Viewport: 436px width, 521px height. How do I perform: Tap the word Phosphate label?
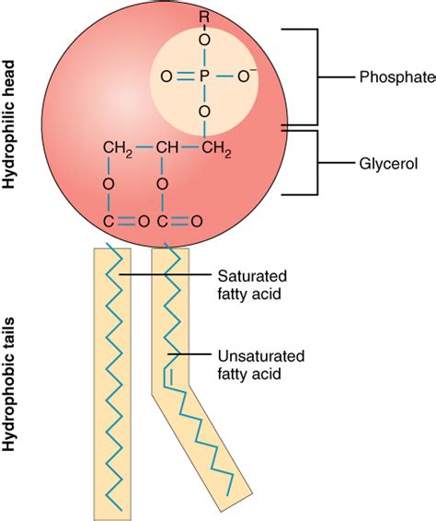click(396, 77)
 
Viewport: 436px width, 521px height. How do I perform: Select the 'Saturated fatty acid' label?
click(250, 284)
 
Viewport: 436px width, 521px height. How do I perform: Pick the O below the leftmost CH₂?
click(108, 185)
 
